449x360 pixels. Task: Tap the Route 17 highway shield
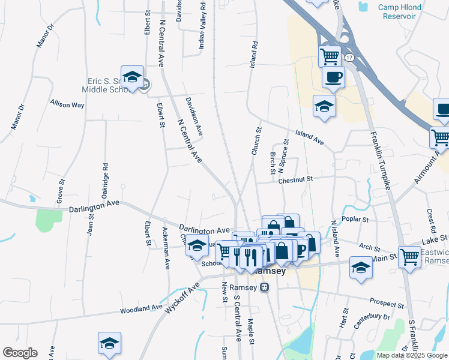349,56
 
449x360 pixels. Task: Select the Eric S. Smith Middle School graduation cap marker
132,77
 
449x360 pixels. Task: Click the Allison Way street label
67,104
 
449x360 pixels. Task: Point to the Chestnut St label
295,179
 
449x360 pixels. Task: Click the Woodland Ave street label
141,307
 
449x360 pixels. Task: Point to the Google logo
20,353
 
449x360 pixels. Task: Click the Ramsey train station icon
264,287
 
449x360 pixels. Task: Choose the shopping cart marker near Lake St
409,257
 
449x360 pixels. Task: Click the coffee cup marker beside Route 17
333,77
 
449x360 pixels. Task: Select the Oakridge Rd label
105,181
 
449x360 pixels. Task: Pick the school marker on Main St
361,267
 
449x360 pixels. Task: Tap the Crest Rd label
431,221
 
